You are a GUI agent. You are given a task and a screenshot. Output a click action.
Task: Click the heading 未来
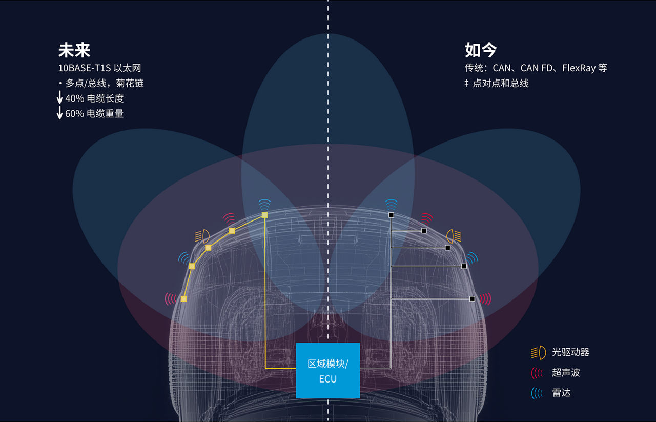74,50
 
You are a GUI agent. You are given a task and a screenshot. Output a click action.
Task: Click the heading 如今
481,50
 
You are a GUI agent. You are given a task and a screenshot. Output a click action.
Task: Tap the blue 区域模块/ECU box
328,371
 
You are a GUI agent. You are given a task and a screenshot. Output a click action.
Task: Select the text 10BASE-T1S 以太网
99,68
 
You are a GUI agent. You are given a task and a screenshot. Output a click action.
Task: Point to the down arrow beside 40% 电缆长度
60,97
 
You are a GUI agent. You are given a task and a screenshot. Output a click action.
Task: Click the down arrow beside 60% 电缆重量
60,112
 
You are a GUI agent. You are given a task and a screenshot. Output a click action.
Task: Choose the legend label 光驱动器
570,352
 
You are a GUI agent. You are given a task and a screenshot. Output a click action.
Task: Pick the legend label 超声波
566,372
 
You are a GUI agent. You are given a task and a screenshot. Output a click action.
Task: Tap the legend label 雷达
561,393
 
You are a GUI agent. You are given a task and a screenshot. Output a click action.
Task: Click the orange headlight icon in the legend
539,353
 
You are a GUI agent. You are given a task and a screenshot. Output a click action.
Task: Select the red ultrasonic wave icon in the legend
537,373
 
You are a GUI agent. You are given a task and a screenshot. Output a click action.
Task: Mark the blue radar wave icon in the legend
537,393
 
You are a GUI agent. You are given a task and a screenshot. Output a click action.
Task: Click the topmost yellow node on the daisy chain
265,215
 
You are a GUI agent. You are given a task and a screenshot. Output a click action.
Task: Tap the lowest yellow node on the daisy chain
184,299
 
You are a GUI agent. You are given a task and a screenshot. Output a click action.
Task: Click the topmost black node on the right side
391,215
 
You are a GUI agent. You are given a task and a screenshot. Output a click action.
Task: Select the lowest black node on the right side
472,299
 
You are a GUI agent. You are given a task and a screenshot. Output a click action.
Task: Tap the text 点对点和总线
501,83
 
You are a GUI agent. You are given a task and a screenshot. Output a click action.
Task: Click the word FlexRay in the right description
579,68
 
